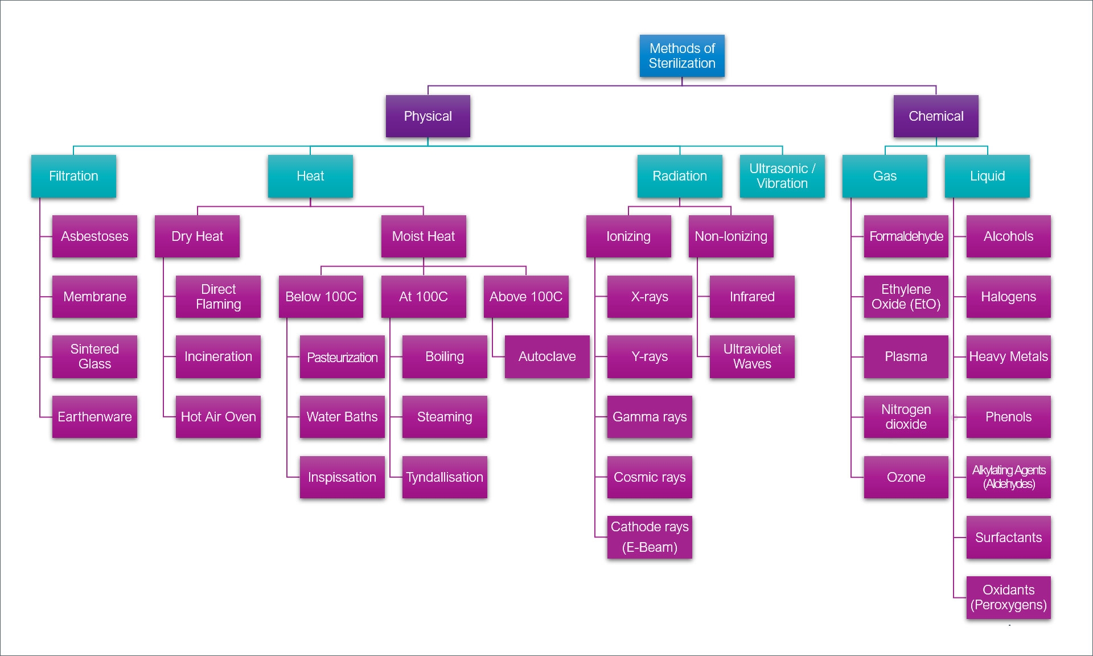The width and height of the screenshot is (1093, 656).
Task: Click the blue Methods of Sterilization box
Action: click(x=682, y=56)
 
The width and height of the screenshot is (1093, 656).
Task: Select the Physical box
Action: click(x=428, y=116)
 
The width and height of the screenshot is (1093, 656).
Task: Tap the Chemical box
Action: click(x=936, y=116)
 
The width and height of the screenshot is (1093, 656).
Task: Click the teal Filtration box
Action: click(x=73, y=176)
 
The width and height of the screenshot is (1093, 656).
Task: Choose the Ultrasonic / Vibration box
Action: click(x=782, y=176)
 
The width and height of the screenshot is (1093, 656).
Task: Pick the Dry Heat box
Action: click(x=197, y=236)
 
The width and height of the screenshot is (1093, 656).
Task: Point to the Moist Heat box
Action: click(x=424, y=236)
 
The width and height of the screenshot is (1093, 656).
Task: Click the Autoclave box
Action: click(x=547, y=356)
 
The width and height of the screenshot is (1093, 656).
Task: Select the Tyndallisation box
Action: click(x=445, y=477)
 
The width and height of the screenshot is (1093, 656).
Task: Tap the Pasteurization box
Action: click(x=342, y=357)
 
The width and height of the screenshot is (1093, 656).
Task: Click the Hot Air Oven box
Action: click(x=218, y=417)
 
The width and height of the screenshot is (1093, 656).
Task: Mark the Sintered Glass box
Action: click(x=94, y=356)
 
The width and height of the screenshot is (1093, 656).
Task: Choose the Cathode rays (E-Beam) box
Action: click(x=650, y=537)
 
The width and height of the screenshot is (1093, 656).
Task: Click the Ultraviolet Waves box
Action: click(x=752, y=356)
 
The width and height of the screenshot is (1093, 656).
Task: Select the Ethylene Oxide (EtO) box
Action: click(x=906, y=297)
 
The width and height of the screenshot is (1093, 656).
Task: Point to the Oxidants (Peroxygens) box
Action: click(x=1008, y=597)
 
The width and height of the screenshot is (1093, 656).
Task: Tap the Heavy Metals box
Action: click(x=1008, y=356)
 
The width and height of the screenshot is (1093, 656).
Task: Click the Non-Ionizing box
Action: click(x=731, y=236)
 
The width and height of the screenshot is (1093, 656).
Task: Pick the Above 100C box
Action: click(x=526, y=297)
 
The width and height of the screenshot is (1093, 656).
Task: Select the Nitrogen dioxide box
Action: click(x=906, y=417)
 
